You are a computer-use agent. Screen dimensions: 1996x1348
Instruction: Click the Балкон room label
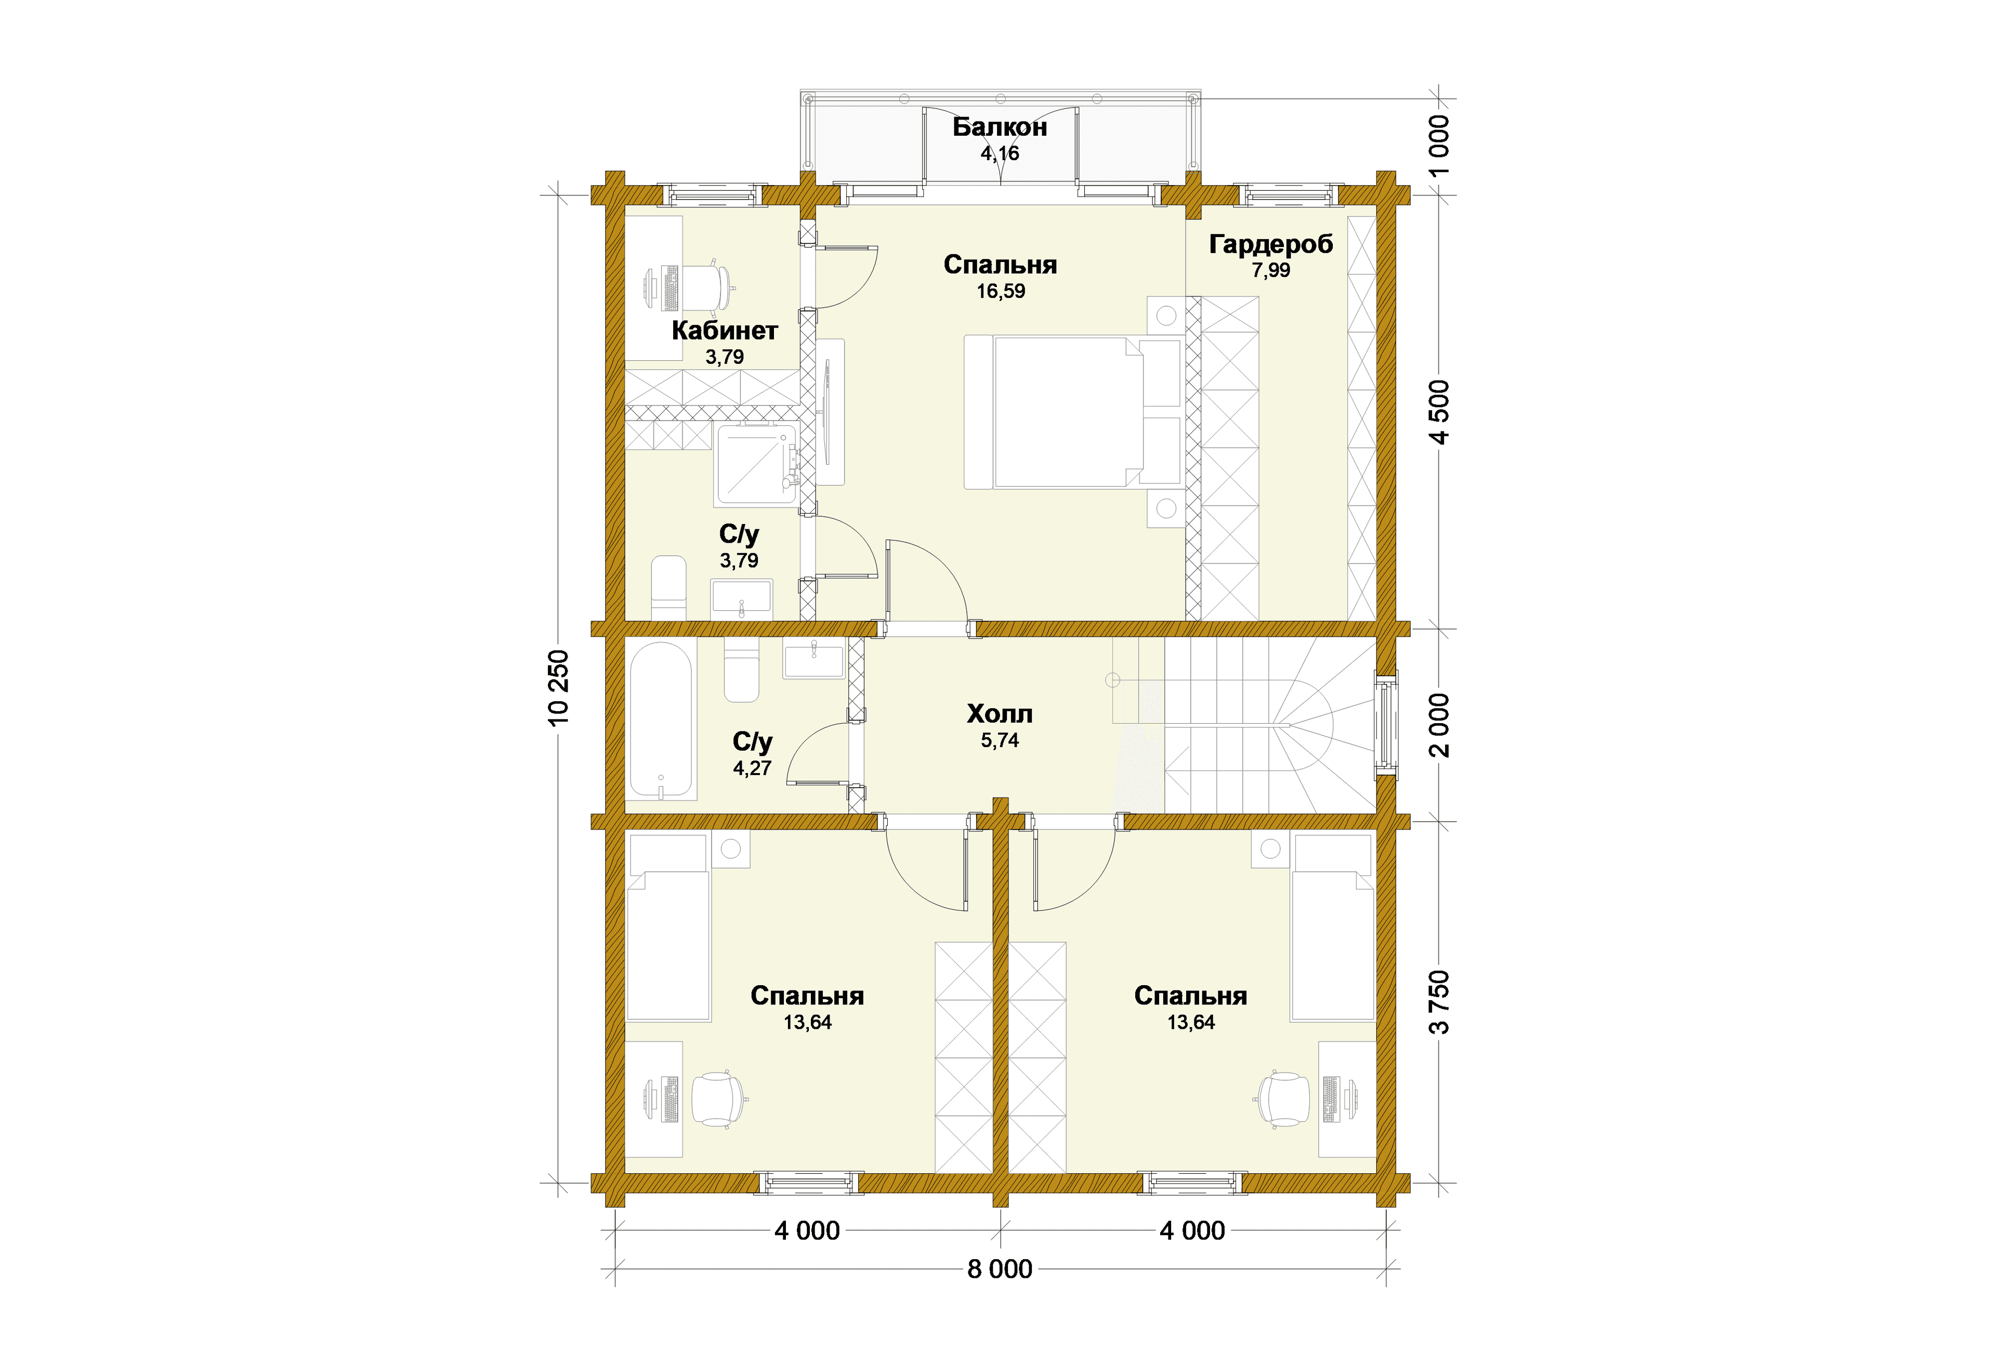(1000, 127)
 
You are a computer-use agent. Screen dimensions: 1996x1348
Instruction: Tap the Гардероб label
(1271, 245)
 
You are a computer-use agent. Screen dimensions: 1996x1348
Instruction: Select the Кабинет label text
(725, 330)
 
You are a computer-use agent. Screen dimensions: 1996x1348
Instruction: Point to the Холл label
(1000, 714)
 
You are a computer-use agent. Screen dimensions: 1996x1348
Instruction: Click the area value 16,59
(1001, 291)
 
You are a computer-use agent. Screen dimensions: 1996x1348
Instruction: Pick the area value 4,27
(752, 768)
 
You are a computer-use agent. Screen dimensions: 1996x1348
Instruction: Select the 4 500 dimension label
(1439, 412)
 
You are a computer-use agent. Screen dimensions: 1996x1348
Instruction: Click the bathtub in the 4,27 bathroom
(661, 720)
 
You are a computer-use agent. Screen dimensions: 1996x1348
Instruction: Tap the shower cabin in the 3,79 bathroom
(757, 464)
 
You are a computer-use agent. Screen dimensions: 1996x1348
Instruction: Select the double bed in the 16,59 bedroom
(1073, 412)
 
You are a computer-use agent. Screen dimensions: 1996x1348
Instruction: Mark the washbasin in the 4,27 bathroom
(814, 659)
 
